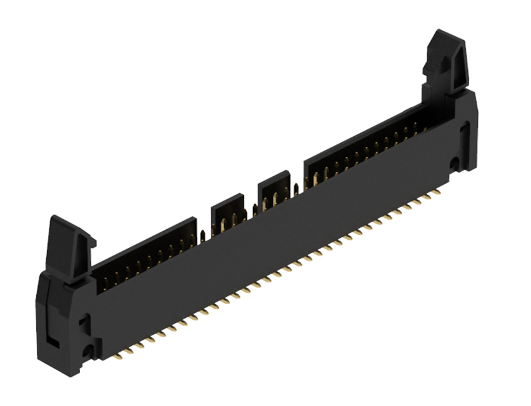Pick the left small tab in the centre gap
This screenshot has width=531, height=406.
click(x=227, y=209)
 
